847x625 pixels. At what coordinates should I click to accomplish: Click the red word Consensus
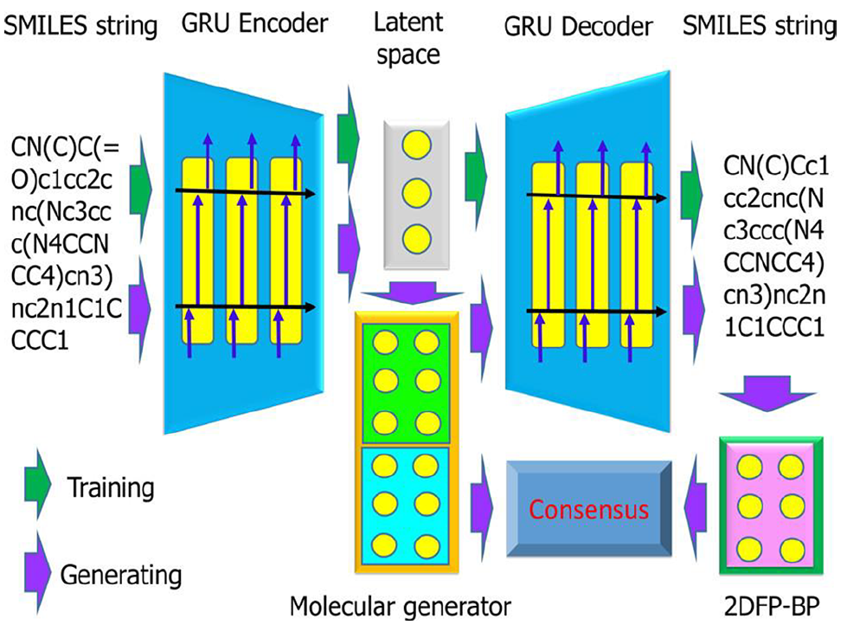(x=588, y=509)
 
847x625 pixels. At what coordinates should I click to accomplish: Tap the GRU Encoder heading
(x=255, y=23)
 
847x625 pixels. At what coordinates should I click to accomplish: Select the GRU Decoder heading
(x=578, y=27)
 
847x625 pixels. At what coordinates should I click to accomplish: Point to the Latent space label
(x=408, y=39)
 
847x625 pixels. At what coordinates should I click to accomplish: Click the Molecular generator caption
(x=401, y=606)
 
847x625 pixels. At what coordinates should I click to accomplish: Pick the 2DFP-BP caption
(x=772, y=607)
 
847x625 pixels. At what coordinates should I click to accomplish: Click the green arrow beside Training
(x=37, y=484)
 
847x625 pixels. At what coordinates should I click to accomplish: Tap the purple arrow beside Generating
(x=37, y=572)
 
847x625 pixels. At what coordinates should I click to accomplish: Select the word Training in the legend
(x=111, y=487)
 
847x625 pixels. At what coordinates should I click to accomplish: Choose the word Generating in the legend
(x=121, y=575)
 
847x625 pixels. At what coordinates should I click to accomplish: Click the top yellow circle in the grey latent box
(x=416, y=145)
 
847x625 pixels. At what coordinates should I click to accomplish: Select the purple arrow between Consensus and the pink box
(x=696, y=506)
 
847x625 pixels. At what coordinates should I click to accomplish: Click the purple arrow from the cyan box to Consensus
(x=481, y=506)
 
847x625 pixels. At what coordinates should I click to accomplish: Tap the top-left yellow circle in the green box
(x=385, y=343)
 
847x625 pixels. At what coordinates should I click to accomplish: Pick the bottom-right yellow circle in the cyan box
(x=427, y=546)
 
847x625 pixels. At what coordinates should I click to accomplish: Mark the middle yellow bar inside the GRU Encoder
(x=241, y=250)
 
